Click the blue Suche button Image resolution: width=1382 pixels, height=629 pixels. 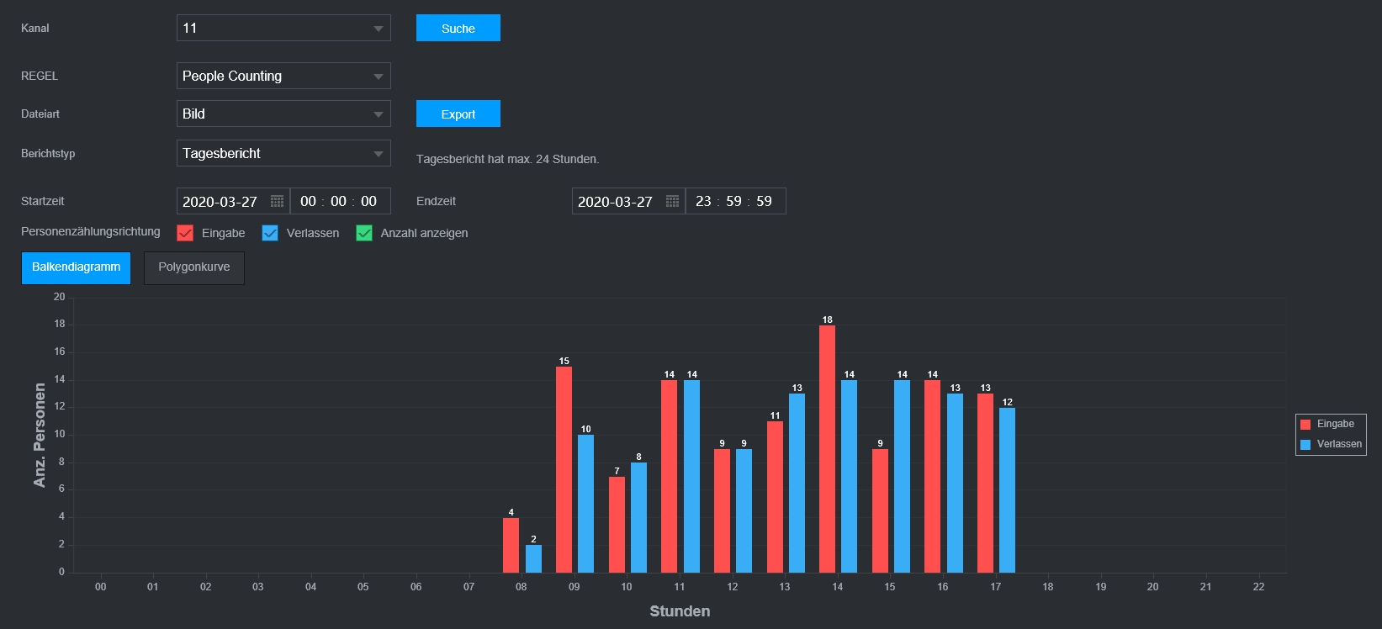(458, 28)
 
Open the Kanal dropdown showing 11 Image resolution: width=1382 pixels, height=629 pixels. (283, 28)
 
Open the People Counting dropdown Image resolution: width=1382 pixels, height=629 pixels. (283, 76)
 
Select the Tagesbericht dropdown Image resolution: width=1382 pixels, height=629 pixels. (283, 153)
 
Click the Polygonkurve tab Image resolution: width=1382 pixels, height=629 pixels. (193, 267)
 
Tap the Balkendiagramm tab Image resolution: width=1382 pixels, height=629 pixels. (76, 267)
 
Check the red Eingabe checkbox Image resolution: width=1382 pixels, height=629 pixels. (185, 233)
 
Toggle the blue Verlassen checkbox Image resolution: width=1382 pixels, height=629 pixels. (270, 233)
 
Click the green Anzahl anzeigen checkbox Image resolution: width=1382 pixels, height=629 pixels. (364, 233)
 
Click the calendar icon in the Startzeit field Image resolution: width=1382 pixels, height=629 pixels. (277, 202)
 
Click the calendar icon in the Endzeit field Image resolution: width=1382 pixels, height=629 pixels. (672, 202)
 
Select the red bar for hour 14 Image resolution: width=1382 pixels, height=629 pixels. (827, 449)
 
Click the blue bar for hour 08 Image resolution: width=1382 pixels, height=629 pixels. (533, 558)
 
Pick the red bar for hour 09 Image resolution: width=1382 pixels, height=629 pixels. (564, 469)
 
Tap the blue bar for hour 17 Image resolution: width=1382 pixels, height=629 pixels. (1007, 490)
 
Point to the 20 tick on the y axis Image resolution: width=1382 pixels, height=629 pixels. (59, 297)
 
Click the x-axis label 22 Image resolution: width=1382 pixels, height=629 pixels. (1258, 587)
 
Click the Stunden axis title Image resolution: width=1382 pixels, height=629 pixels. (680, 611)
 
